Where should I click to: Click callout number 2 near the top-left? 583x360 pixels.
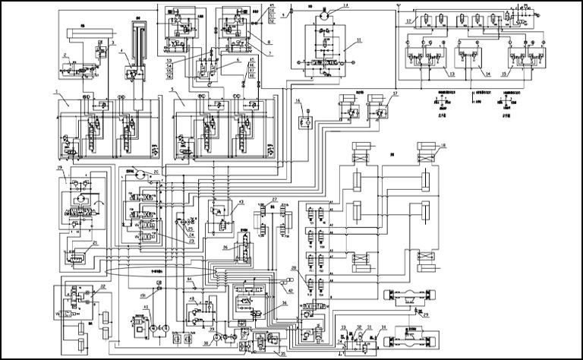(x=66, y=55)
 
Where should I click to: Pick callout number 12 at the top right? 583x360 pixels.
(x=408, y=21)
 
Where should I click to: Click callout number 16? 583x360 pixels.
(x=299, y=100)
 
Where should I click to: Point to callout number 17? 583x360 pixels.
(x=394, y=95)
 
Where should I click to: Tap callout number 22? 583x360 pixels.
(x=102, y=287)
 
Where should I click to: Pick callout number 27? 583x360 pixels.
(x=276, y=200)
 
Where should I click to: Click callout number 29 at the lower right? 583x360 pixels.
(x=426, y=314)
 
